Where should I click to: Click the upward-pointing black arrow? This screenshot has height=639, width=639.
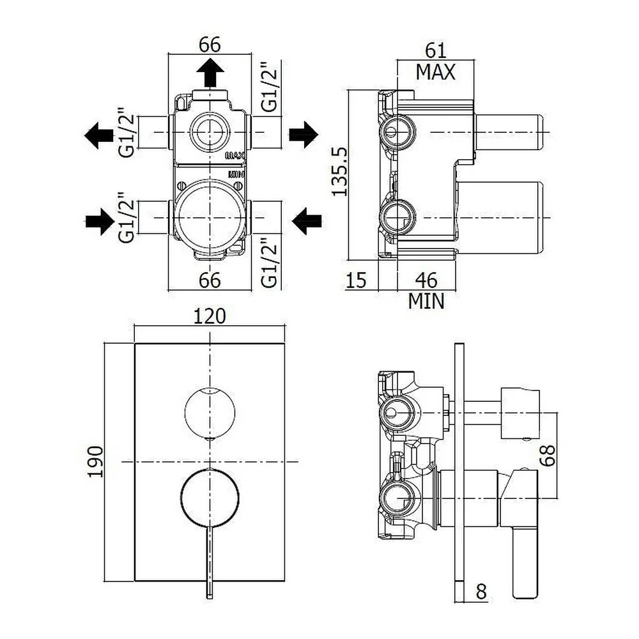pyautogui.click(x=210, y=73)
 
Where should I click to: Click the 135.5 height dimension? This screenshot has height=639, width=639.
pyautogui.click(x=339, y=171)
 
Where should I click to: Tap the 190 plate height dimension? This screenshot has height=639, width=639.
pyautogui.click(x=95, y=461)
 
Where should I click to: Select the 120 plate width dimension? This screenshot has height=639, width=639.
pyautogui.click(x=210, y=316)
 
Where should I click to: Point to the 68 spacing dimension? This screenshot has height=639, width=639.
pyautogui.click(x=548, y=455)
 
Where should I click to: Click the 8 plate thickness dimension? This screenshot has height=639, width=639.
pyautogui.click(x=481, y=592)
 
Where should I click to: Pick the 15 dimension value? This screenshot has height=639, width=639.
pyautogui.click(x=356, y=281)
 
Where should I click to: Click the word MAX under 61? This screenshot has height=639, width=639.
pyautogui.click(x=435, y=73)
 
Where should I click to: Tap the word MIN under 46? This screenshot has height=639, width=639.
pyautogui.click(x=426, y=301)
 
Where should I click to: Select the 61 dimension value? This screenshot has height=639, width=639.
pyautogui.click(x=436, y=50)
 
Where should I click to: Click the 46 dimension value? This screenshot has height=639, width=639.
pyautogui.click(x=426, y=281)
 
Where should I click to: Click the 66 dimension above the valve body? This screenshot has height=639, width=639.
pyautogui.click(x=210, y=45)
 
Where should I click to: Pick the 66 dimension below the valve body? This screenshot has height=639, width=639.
pyautogui.click(x=210, y=281)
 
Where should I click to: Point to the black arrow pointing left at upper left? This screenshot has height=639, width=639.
pyautogui.click(x=99, y=135)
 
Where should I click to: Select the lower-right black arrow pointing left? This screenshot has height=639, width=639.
pyautogui.click(x=307, y=221)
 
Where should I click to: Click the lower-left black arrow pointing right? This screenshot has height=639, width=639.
pyautogui.click(x=100, y=222)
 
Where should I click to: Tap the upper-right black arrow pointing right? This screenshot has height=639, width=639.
pyautogui.click(x=304, y=134)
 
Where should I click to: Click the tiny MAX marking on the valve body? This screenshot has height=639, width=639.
pyautogui.click(x=235, y=155)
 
